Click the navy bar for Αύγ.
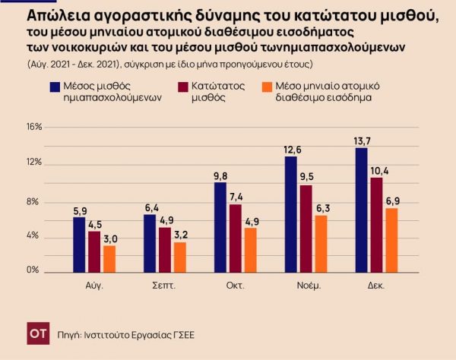pos(79,245)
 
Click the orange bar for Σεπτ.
pos(179,257)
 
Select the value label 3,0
pos(110,238)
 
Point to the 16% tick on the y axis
pos(34,127)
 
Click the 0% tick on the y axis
pos(34,271)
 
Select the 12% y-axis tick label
pos(34,163)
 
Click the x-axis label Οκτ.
pos(234,286)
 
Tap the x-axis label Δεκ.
pos(375,286)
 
